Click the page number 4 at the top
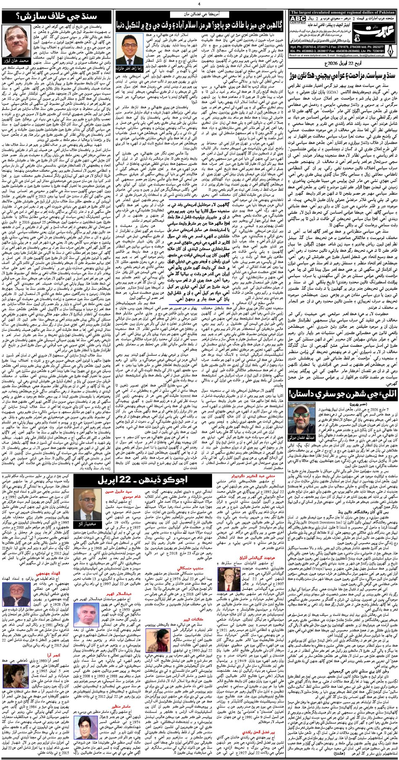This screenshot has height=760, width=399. tap(199, 5)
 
